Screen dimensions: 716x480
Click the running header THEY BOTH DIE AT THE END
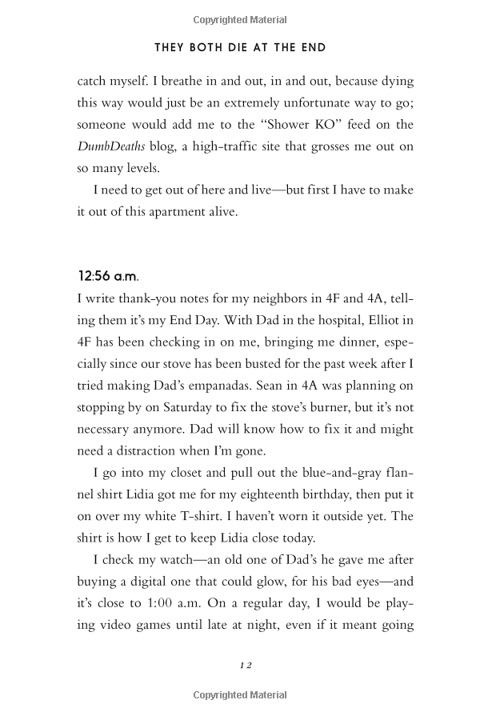click(x=240, y=48)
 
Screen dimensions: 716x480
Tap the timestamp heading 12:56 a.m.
click(x=107, y=276)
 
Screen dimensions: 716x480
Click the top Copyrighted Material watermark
click(x=240, y=20)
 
